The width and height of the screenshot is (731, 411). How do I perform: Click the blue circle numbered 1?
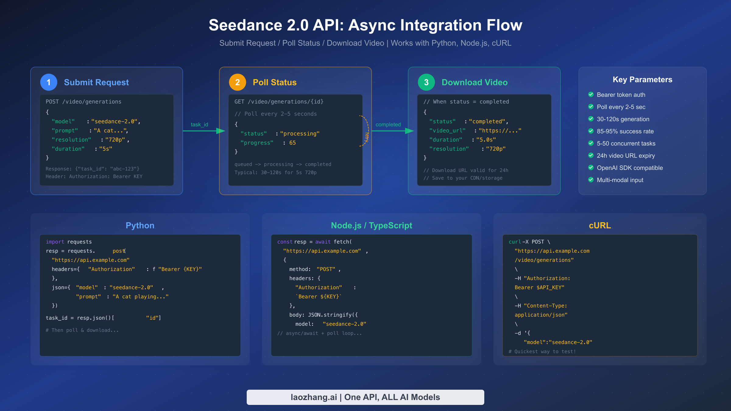tap(49, 82)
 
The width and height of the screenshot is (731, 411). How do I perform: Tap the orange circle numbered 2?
tap(238, 82)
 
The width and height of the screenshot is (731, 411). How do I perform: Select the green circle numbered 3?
tap(426, 82)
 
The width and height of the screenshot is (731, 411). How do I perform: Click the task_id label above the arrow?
tap(199, 125)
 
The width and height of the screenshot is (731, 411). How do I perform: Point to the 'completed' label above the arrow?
tap(388, 125)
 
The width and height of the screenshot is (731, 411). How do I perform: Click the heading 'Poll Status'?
tap(274, 82)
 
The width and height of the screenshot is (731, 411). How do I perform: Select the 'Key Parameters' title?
tap(642, 79)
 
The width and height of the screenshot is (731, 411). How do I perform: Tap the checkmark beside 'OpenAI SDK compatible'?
tap(591, 167)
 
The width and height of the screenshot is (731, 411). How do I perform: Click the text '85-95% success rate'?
tap(625, 131)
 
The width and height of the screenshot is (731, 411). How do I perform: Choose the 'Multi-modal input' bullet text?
tap(620, 180)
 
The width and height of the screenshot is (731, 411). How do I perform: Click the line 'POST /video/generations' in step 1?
tap(83, 102)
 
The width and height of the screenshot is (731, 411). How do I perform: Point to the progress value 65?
tap(292, 143)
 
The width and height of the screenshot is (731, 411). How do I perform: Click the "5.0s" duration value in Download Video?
tap(486, 140)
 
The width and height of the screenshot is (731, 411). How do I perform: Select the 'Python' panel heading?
tap(140, 225)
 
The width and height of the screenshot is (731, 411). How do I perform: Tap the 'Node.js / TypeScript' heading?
tap(371, 225)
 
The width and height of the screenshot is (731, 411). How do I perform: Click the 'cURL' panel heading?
tap(600, 225)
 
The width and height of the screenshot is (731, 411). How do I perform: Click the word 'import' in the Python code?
tap(55, 242)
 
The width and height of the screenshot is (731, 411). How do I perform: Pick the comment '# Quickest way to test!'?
tap(542, 351)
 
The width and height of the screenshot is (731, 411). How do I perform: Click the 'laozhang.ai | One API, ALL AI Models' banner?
tap(365, 397)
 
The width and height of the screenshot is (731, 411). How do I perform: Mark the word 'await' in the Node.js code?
tap(323, 242)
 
